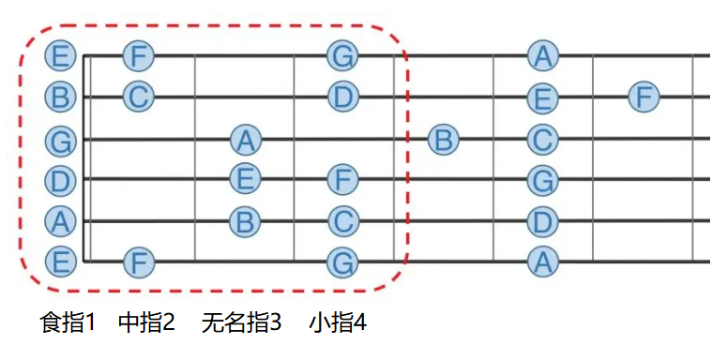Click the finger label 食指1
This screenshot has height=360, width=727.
pos(68,322)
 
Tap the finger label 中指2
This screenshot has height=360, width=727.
pos(147,322)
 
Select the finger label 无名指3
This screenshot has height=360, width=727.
pos(242,322)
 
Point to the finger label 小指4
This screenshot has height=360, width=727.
pos(338,322)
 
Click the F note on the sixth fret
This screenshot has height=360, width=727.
pos(644,97)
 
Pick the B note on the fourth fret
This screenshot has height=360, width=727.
pos(444,139)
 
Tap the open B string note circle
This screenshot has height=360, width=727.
pos(60,97)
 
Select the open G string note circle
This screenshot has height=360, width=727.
pos(60,140)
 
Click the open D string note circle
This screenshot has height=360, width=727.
pos(60,180)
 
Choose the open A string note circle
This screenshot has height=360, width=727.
pos(60,221)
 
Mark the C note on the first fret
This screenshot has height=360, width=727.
pos(138,97)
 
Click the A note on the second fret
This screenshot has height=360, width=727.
pos(246,140)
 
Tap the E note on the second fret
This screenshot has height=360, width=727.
pos(246,178)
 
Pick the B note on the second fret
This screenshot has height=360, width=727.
pos(246,221)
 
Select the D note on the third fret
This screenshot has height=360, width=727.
pos(342,97)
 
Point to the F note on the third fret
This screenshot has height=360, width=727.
pos(342,180)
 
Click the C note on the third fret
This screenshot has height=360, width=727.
pos(342,221)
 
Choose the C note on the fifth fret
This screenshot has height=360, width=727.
pos(543,139)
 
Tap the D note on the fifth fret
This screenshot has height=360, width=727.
pos(543,221)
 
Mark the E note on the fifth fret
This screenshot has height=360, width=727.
pos(543,98)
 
